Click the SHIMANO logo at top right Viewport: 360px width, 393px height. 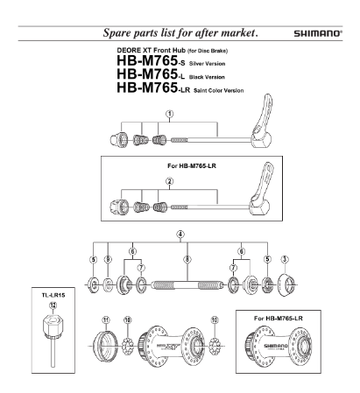pyautogui.click(x=317, y=33)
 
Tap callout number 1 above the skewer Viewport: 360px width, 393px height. pyautogui.click(x=170, y=114)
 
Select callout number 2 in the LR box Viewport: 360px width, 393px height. pyautogui.click(x=170, y=181)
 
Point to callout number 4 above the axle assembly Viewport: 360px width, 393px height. pyautogui.click(x=180, y=234)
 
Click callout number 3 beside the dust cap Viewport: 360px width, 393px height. pyautogui.click(x=285, y=259)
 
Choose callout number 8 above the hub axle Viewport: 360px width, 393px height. pyautogui.click(x=187, y=259)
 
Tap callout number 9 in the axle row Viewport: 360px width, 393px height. pyautogui.click(x=108, y=259)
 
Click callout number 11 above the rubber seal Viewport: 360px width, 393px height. pyautogui.click(x=106, y=320)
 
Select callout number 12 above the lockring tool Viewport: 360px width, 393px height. pyautogui.click(x=53, y=305)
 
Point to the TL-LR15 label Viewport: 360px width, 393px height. pyautogui.click(x=53, y=295)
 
